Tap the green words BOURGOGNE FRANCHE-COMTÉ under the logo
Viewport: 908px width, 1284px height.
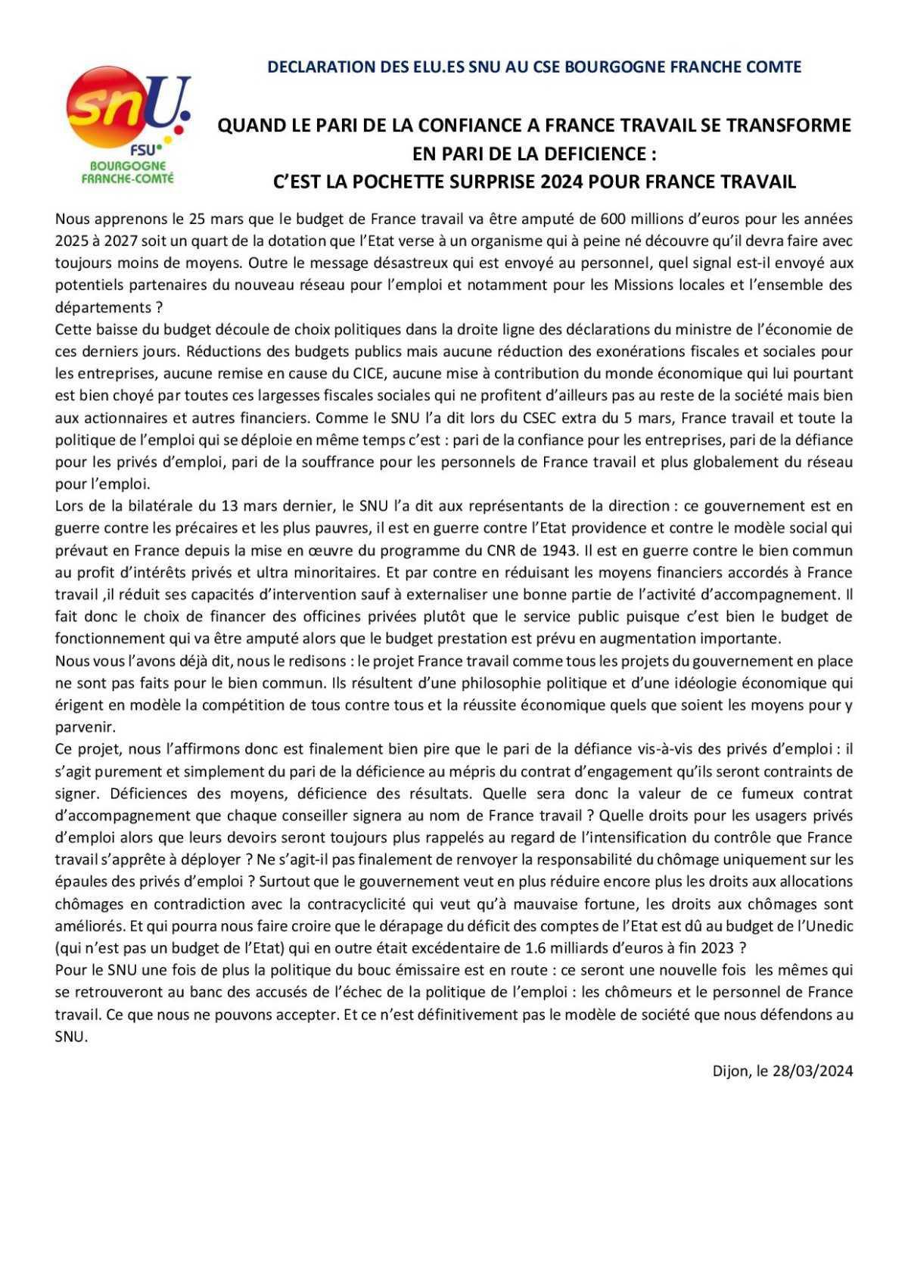[127, 172]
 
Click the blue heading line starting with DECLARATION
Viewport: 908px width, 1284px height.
[534, 67]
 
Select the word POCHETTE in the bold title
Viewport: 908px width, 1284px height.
[430, 182]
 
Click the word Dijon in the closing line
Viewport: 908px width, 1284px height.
[729, 1071]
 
